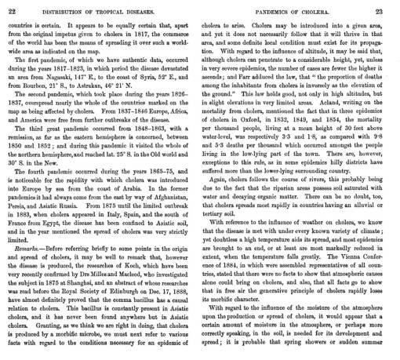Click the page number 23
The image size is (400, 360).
[387, 9]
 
